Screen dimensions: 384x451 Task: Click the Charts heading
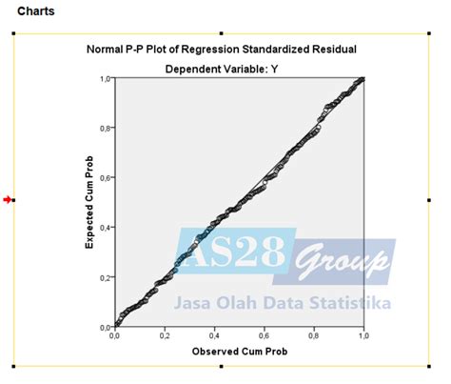coord(36,11)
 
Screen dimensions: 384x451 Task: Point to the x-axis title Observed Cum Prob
coord(238,352)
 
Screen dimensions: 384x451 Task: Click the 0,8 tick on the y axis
coord(106,129)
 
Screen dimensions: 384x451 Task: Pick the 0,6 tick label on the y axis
coord(106,178)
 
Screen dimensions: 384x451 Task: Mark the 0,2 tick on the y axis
coord(106,277)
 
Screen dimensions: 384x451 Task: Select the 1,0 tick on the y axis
coord(106,79)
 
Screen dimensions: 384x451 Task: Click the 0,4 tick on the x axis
coord(214,336)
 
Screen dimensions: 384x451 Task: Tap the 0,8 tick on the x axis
coord(314,336)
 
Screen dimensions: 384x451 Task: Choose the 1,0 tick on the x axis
coord(363,336)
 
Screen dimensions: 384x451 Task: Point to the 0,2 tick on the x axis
coord(165,336)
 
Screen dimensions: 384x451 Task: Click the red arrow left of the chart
coord(8,199)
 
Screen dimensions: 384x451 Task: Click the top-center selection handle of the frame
coord(222,32)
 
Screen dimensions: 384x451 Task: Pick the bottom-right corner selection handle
coord(430,366)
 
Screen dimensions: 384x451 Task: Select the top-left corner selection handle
coord(13,32)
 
